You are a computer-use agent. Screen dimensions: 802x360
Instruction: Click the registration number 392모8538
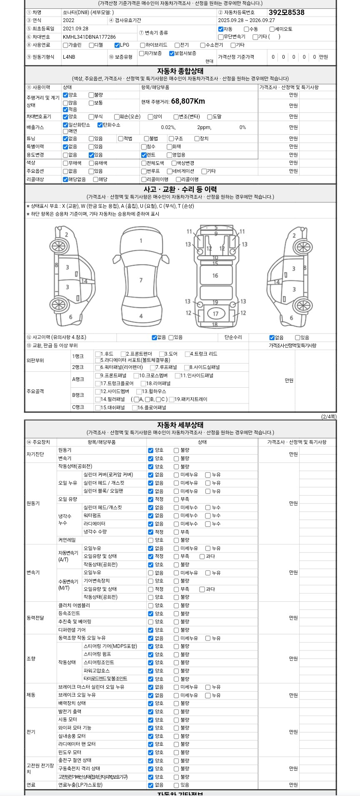coord(286,12)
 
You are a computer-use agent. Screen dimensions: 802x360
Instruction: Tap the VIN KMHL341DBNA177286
coord(89,37)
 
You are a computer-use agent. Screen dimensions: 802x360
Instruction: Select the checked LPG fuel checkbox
coord(117,45)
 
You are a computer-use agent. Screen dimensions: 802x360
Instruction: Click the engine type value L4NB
coord(69,57)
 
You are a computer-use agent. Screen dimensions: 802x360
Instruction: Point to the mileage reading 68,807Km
coord(188,101)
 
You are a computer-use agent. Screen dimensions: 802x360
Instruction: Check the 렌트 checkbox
coord(144,155)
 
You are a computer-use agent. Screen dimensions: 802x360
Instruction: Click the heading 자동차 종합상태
coord(180,71)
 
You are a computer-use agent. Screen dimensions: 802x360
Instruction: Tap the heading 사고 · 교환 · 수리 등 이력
coord(180,189)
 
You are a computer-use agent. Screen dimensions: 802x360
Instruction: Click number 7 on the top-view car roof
coord(141,280)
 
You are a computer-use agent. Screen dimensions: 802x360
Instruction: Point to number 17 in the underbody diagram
coord(215,314)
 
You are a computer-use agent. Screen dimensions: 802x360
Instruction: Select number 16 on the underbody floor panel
coord(215,275)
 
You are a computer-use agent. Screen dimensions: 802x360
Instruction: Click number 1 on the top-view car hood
coord(141,241)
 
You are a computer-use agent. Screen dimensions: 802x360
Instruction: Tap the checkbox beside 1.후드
coord(98,354)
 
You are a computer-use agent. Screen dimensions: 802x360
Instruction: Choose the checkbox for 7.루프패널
coord(153,367)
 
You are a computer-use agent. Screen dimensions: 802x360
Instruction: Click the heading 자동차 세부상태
coord(180,425)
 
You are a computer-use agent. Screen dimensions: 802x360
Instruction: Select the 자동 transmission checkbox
coord(221,29)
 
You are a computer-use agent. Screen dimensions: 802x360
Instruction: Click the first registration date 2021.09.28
coord(75,29)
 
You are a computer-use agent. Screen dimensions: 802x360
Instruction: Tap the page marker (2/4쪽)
coord(328,416)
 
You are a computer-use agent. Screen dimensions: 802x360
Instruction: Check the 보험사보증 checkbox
coord(172,53)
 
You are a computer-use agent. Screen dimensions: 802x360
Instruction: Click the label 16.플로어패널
coord(152,408)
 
